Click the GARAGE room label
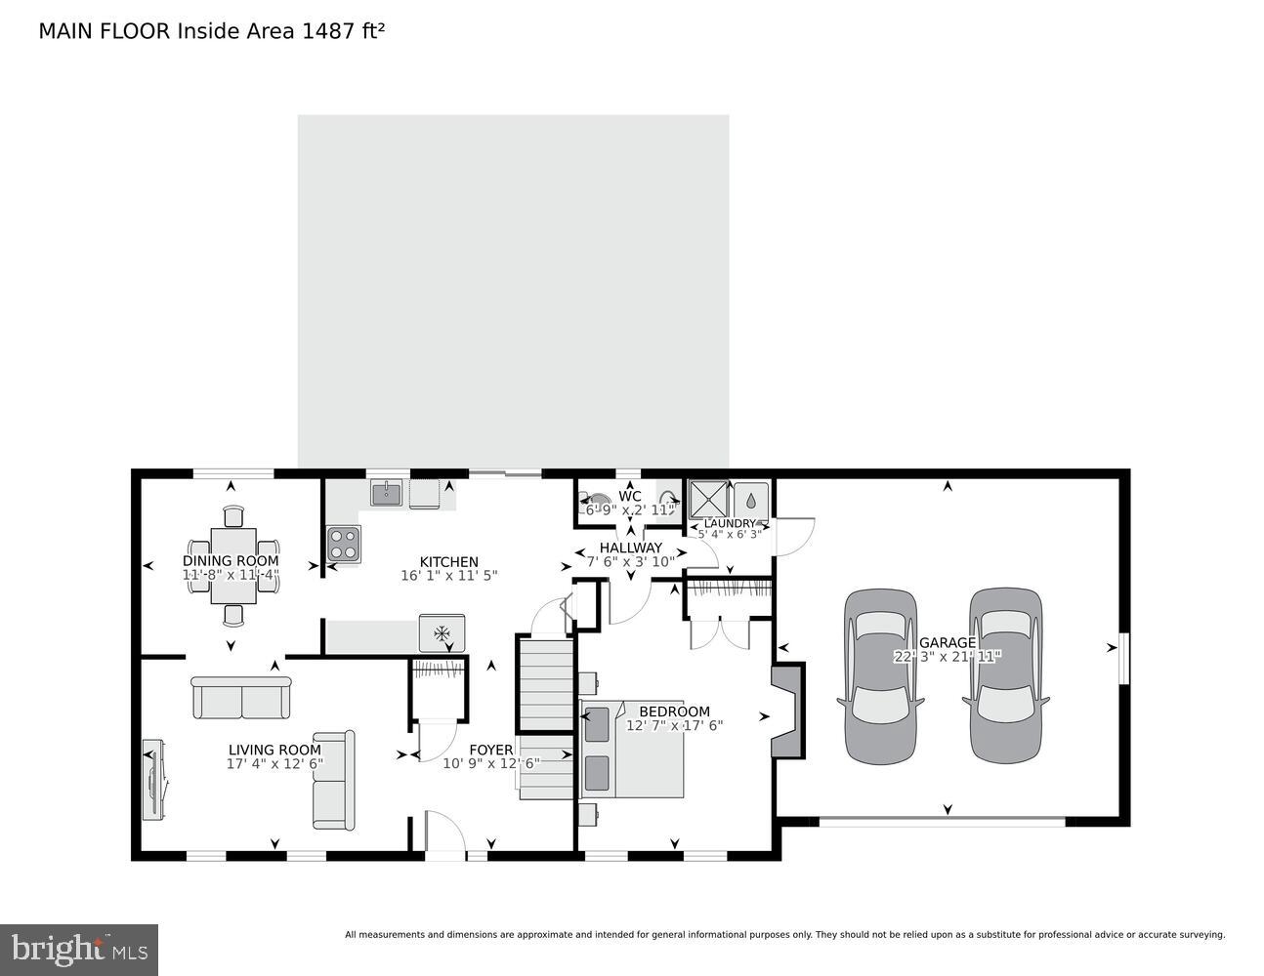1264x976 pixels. point(947,642)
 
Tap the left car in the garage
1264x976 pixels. point(880,675)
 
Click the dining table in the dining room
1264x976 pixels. point(233,566)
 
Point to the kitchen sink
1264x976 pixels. point(387,493)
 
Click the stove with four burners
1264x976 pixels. point(343,544)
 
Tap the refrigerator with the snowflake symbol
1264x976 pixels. point(442,632)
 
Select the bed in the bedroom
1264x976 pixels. point(632,750)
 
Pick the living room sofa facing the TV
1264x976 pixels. point(334,780)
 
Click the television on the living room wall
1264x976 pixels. point(152,780)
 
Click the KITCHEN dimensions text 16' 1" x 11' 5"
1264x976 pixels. point(448,576)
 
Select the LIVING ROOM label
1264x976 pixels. point(274,750)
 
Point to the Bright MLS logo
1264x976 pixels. point(79,949)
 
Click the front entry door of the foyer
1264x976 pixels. point(444,835)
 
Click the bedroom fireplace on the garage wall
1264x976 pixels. point(787,711)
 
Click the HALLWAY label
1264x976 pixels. point(630,548)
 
